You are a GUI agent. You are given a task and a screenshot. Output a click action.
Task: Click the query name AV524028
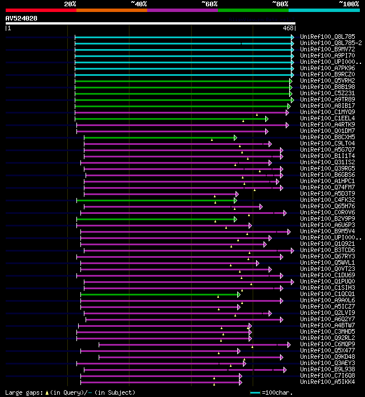pyautogui.click(x=22, y=18)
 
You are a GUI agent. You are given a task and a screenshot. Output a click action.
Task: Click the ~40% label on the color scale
pyautogui.click(x=139, y=3)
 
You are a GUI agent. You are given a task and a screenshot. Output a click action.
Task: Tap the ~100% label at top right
pyautogui.click(x=348, y=3)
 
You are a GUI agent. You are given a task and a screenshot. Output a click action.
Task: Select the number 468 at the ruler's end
pyautogui.click(x=287, y=28)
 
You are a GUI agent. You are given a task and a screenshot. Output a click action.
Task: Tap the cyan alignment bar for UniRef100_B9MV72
pyautogui.click(x=182, y=49)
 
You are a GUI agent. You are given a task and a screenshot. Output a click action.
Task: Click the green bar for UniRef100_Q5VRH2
pyautogui.click(x=182, y=80)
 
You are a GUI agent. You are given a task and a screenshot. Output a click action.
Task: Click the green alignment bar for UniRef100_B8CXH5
pyautogui.click(x=160, y=137)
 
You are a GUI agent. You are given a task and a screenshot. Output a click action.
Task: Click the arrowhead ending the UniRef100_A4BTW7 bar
pyautogui.click(x=250, y=326)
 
